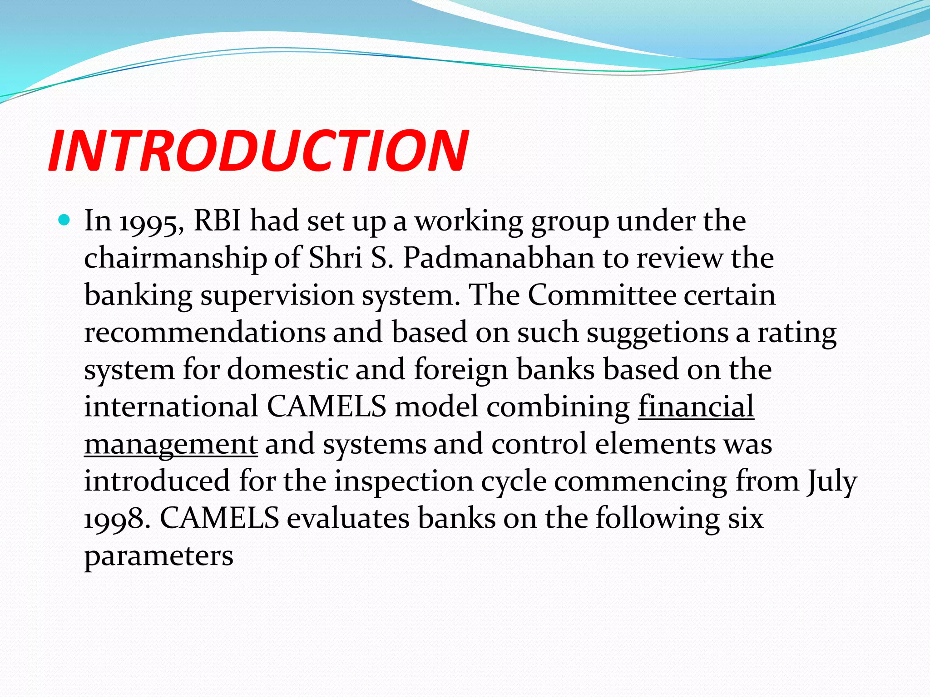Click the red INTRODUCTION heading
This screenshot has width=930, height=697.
click(x=258, y=151)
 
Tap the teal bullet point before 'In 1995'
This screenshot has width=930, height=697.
click(x=64, y=221)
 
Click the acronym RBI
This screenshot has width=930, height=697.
click(x=217, y=221)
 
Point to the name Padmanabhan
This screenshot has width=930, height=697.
click(x=498, y=258)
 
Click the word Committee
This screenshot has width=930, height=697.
click(x=602, y=295)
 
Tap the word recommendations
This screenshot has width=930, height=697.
click(x=205, y=333)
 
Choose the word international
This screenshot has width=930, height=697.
click(x=171, y=407)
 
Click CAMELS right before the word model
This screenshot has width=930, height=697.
click(x=326, y=407)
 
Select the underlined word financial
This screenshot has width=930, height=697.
click(x=696, y=407)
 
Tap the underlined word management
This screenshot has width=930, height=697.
click(x=171, y=445)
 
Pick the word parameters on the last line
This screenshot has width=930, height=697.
click(x=158, y=556)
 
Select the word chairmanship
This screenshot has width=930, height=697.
click(x=175, y=259)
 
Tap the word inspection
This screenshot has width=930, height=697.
click(x=404, y=482)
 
